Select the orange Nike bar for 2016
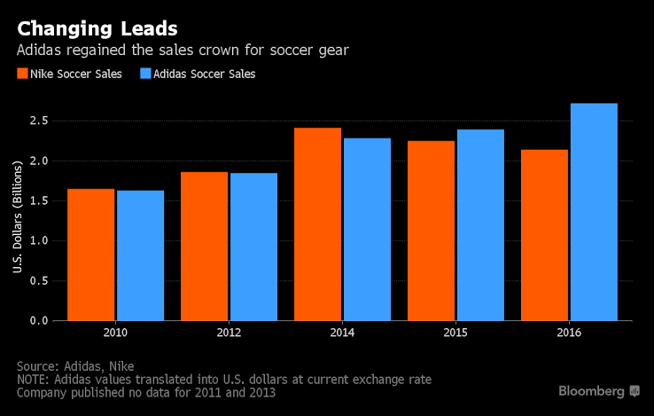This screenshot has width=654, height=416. tap(544, 235)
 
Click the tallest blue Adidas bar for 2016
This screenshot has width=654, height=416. tap(594, 212)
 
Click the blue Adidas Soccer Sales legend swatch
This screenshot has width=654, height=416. tap(145, 75)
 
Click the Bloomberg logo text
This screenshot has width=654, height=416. tap(592, 390)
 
